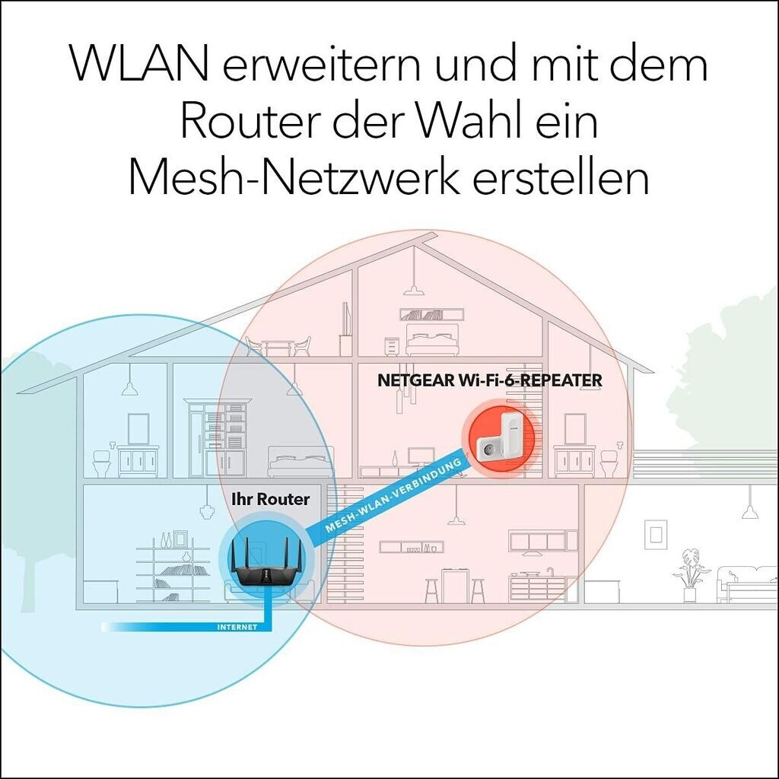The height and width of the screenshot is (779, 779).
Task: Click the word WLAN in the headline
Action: click(140, 65)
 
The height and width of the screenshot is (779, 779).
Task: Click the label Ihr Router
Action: click(270, 499)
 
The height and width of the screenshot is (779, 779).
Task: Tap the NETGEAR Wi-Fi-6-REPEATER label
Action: click(490, 380)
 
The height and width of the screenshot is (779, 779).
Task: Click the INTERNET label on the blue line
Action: click(237, 628)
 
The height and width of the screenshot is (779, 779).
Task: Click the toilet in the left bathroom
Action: click(103, 463)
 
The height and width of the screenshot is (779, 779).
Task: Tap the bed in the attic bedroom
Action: click(432, 339)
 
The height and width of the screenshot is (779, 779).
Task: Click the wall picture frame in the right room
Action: click(656, 533)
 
